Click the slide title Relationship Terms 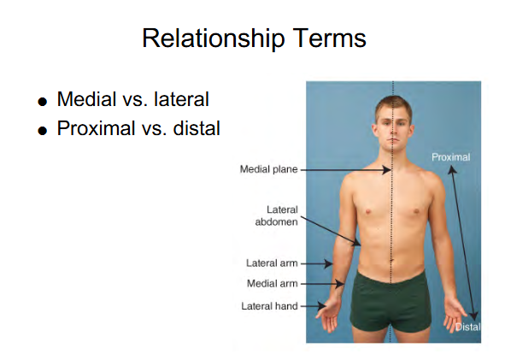[x=254, y=38]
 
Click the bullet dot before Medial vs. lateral [x=43, y=102]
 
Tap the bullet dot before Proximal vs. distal [x=43, y=132]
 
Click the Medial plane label [x=268, y=169]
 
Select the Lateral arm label [x=272, y=263]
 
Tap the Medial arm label [x=272, y=284]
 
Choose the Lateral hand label [x=268, y=305]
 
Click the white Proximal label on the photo [x=450, y=157]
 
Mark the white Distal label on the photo [x=467, y=327]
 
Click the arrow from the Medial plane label [x=342, y=169]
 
